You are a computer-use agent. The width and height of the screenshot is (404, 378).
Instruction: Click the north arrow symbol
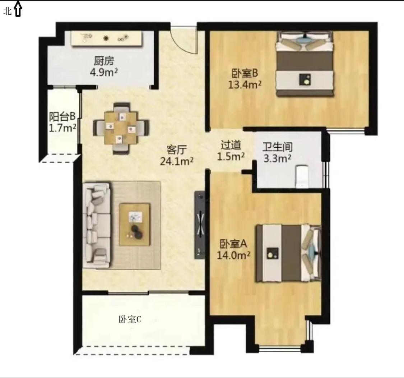pos(18,9)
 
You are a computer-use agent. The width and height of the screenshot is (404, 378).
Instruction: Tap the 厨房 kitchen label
pos(103,61)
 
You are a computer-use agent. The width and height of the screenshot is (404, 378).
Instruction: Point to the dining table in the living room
pos(121,128)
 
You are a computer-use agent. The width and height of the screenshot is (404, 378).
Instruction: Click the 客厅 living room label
pos(177,150)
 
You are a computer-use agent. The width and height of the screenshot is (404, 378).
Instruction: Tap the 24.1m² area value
pos(177,161)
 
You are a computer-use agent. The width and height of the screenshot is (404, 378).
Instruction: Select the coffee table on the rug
pos(135,224)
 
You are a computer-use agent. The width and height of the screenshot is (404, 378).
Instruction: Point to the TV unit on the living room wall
pos(200,225)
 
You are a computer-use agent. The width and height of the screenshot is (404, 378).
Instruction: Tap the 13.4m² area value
pos(245,84)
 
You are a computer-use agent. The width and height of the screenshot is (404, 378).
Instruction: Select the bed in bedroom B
pos(305,64)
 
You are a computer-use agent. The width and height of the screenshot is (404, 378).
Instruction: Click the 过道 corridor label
pos(231,145)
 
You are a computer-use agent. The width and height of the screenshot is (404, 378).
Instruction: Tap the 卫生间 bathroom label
pos(278,147)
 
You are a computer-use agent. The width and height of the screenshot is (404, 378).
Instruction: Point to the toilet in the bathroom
pos(302,177)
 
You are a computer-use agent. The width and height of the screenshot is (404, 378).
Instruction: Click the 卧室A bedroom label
pos(233,243)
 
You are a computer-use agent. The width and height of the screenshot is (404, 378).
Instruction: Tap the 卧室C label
pos(130,319)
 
